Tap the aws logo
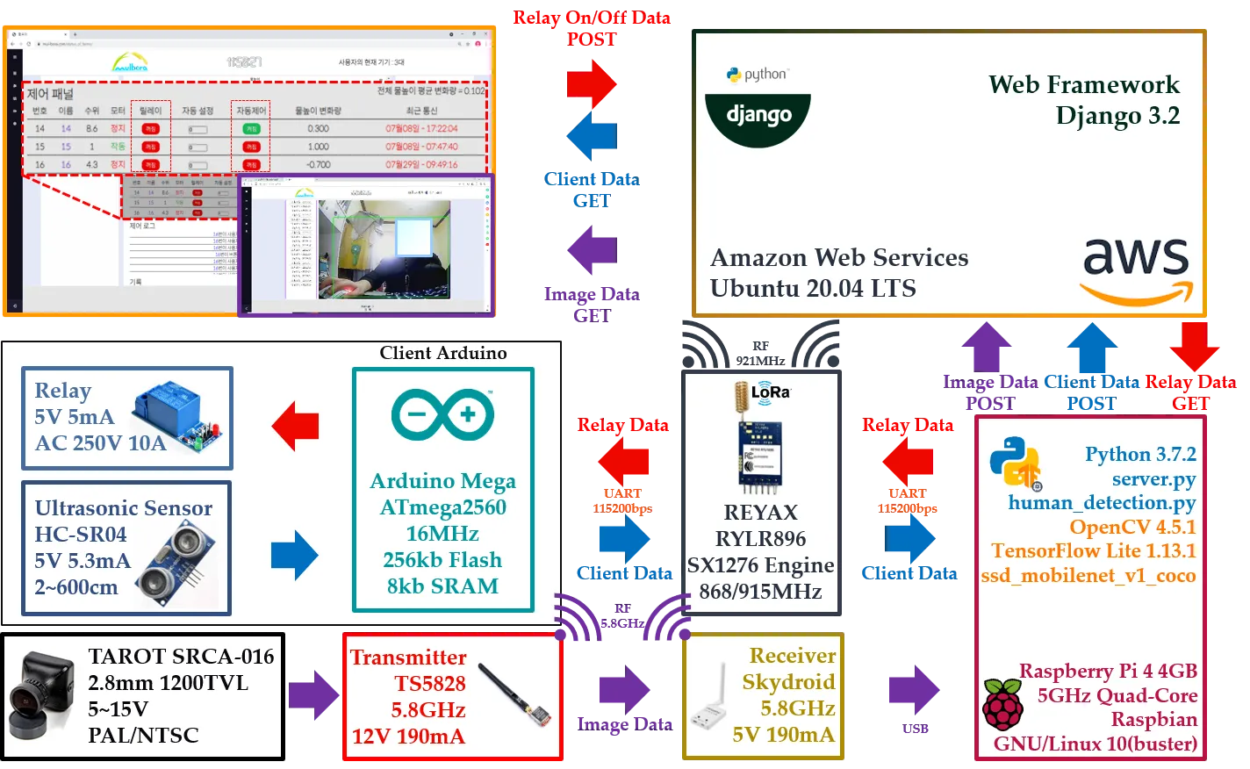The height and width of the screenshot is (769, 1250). pyautogui.click(x=1136, y=269)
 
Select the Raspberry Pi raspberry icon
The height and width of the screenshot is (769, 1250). pyautogui.click(x=1002, y=705)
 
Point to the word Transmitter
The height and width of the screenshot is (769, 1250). pyautogui.click(x=408, y=658)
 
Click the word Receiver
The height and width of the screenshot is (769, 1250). pyautogui.click(x=793, y=656)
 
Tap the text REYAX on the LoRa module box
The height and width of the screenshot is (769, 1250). pyautogui.click(x=760, y=513)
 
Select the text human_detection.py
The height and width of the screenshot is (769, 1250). pyautogui.click(x=1102, y=503)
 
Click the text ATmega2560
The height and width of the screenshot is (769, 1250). pyautogui.click(x=442, y=507)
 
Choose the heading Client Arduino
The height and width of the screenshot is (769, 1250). pyautogui.click(x=443, y=353)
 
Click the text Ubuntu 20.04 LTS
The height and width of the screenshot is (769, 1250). pyautogui.click(x=813, y=289)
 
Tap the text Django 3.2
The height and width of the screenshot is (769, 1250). pyautogui.click(x=1117, y=116)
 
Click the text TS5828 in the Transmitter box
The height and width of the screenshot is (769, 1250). pyautogui.click(x=429, y=684)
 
